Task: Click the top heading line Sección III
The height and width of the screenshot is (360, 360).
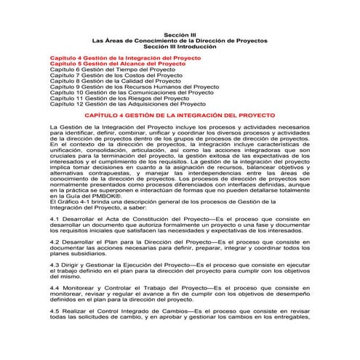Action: click(179, 33)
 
